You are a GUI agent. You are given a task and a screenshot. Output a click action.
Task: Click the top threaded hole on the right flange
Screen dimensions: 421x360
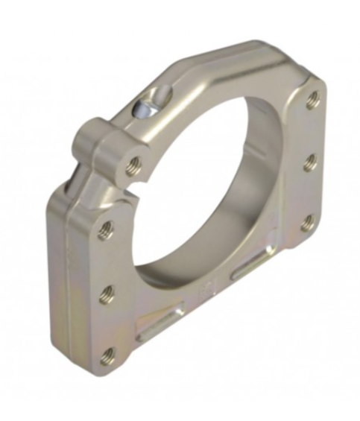tap(313, 99)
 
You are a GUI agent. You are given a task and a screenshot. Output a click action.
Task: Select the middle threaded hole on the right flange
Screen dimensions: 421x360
tap(311, 161)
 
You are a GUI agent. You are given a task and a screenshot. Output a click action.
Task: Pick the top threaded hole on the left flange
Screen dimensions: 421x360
tap(106, 230)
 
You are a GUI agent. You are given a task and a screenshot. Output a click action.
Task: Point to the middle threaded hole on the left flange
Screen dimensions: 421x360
tap(107, 293)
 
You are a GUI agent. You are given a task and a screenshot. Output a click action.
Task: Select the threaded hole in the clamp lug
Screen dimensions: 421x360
tap(134, 161)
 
